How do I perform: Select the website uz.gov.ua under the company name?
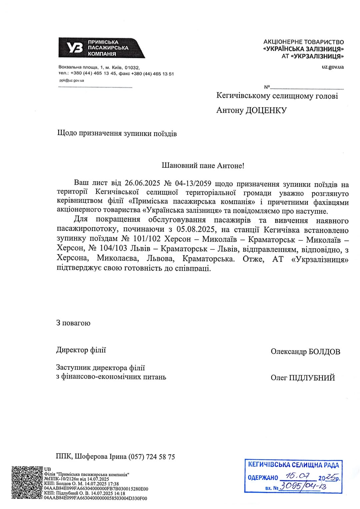pos(333,67)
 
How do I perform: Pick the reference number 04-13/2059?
pos(193,183)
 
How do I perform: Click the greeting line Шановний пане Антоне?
pos(203,165)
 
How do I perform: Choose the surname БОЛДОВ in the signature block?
pos(325,352)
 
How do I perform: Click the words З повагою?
pos(73,323)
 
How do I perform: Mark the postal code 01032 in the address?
pos(131,67)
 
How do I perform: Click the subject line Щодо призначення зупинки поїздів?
pos(117,134)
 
